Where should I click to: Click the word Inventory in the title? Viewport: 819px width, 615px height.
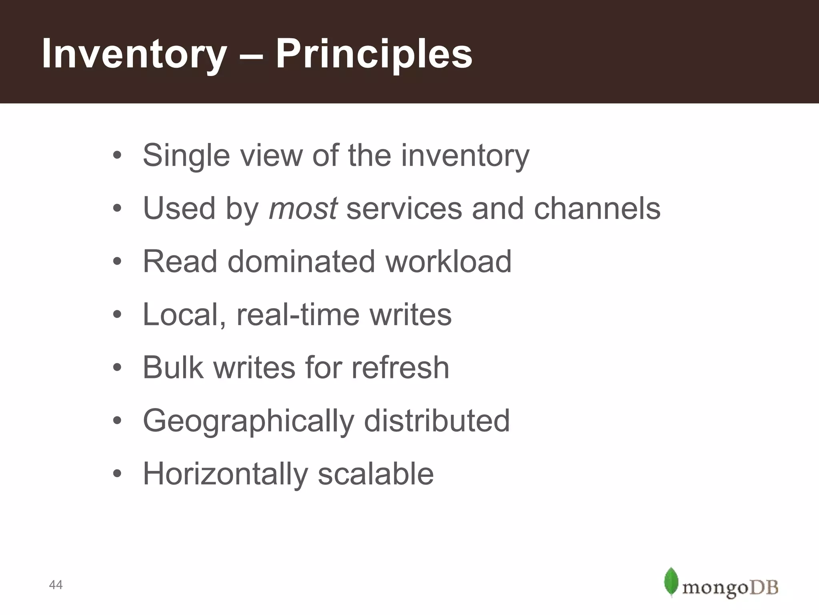134,54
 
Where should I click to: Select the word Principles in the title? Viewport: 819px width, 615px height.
374,54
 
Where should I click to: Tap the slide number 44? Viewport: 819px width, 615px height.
56,585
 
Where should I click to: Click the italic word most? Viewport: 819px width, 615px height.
303,208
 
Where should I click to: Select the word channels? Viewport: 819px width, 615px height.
597,208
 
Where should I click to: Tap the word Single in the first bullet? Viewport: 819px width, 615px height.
186,155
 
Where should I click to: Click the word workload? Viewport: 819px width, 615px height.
448,261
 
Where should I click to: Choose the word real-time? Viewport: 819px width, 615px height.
298,315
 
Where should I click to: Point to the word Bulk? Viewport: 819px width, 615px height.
173,368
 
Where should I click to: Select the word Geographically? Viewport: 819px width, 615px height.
248,421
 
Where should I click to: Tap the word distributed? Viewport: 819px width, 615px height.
437,421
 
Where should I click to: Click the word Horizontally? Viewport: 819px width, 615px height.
226,474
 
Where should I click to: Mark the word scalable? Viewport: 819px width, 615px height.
376,474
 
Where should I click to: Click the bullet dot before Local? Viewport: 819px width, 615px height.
117,315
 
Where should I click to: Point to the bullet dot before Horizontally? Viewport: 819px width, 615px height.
117,474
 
